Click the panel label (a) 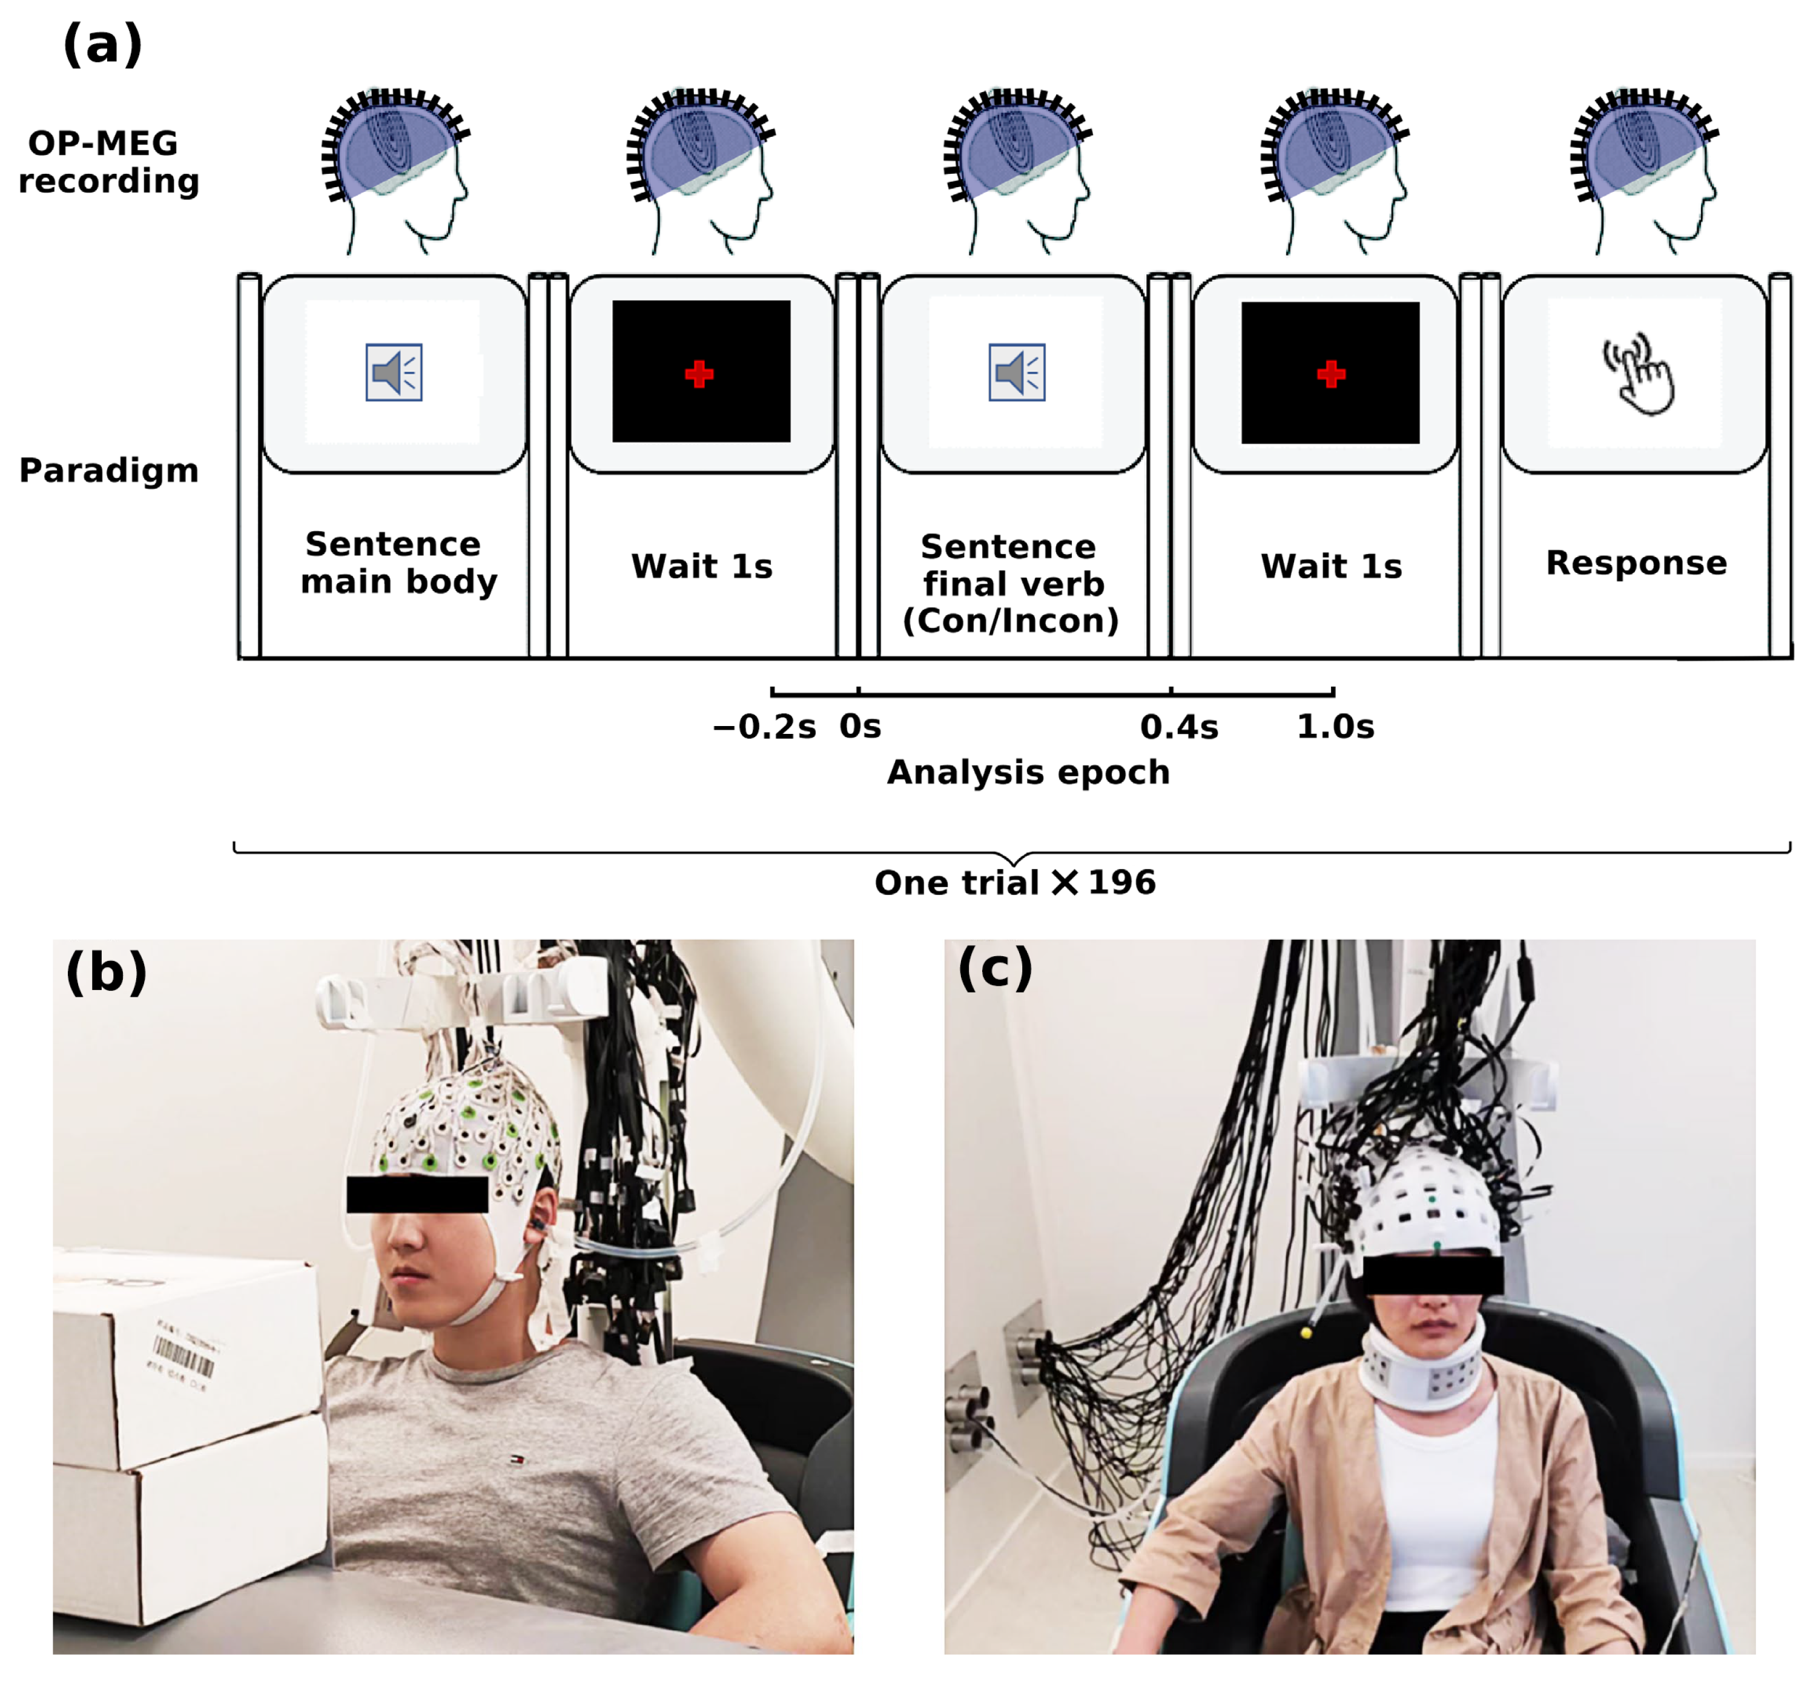[x=102, y=45]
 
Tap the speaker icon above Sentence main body [x=394, y=372]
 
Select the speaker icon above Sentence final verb [x=1017, y=372]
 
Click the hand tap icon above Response [x=1637, y=373]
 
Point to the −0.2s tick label [x=764, y=727]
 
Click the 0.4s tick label [x=1179, y=727]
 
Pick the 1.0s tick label [x=1335, y=727]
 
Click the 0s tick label [x=860, y=727]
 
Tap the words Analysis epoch [x=1028, y=772]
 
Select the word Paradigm [x=109, y=471]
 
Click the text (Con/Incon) [x=1011, y=621]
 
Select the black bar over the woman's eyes [x=1433, y=1275]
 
